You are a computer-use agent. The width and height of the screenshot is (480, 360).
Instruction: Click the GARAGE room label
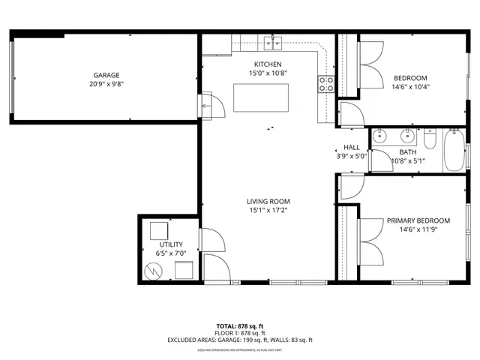click(106, 75)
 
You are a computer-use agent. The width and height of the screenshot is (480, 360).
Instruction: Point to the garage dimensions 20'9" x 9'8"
click(106, 85)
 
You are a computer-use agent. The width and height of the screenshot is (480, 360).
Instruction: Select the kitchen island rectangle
click(260, 97)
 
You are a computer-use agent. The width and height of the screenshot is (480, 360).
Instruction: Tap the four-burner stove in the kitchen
click(326, 84)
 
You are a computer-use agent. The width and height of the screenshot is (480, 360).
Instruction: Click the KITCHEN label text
click(268, 64)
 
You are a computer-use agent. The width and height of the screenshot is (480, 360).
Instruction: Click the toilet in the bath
click(430, 139)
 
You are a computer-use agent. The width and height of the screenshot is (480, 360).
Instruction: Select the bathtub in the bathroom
click(454, 151)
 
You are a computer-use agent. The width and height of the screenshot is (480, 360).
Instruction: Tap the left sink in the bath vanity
click(380, 136)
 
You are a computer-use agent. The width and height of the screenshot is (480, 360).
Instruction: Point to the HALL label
click(352, 148)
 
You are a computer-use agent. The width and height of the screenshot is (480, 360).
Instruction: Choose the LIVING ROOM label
click(268, 201)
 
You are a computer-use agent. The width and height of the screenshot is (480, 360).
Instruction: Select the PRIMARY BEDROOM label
click(418, 220)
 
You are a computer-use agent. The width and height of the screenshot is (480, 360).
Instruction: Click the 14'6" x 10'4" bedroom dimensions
click(410, 87)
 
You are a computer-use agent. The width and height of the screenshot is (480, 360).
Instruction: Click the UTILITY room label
click(171, 244)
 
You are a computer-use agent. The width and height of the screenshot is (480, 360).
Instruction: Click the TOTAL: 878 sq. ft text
click(240, 326)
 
